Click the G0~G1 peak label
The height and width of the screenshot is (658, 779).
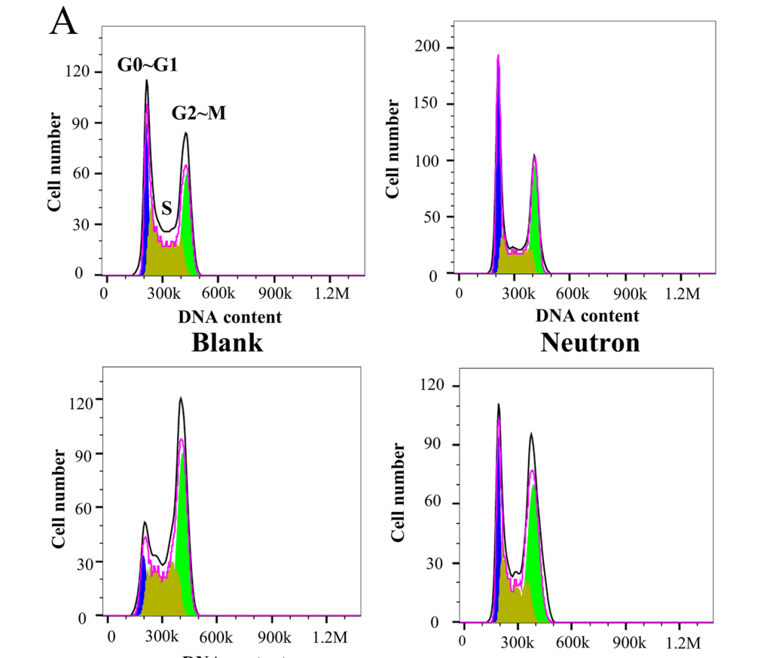click(x=147, y=65)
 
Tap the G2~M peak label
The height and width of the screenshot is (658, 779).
click(x=199, y=113)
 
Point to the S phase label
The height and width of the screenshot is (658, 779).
click(x=166, y=209)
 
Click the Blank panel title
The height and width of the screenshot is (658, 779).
click(x=228, y=343)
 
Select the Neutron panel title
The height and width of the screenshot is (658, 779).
click(x=590, y=343)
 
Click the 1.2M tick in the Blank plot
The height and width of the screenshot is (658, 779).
click(x=332, y=294)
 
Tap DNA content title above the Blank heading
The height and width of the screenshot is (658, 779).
click(x=230, y=317)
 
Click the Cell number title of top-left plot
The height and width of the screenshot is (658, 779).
click(x=56, y=161)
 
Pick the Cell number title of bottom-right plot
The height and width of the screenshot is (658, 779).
click(x=399, y=492)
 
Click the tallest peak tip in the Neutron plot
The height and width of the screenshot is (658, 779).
click(x=498, y=56)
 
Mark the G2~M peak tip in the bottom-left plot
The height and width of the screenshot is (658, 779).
click(x=181, y=399)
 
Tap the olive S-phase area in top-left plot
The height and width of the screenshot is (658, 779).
click(x=166, y=256)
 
